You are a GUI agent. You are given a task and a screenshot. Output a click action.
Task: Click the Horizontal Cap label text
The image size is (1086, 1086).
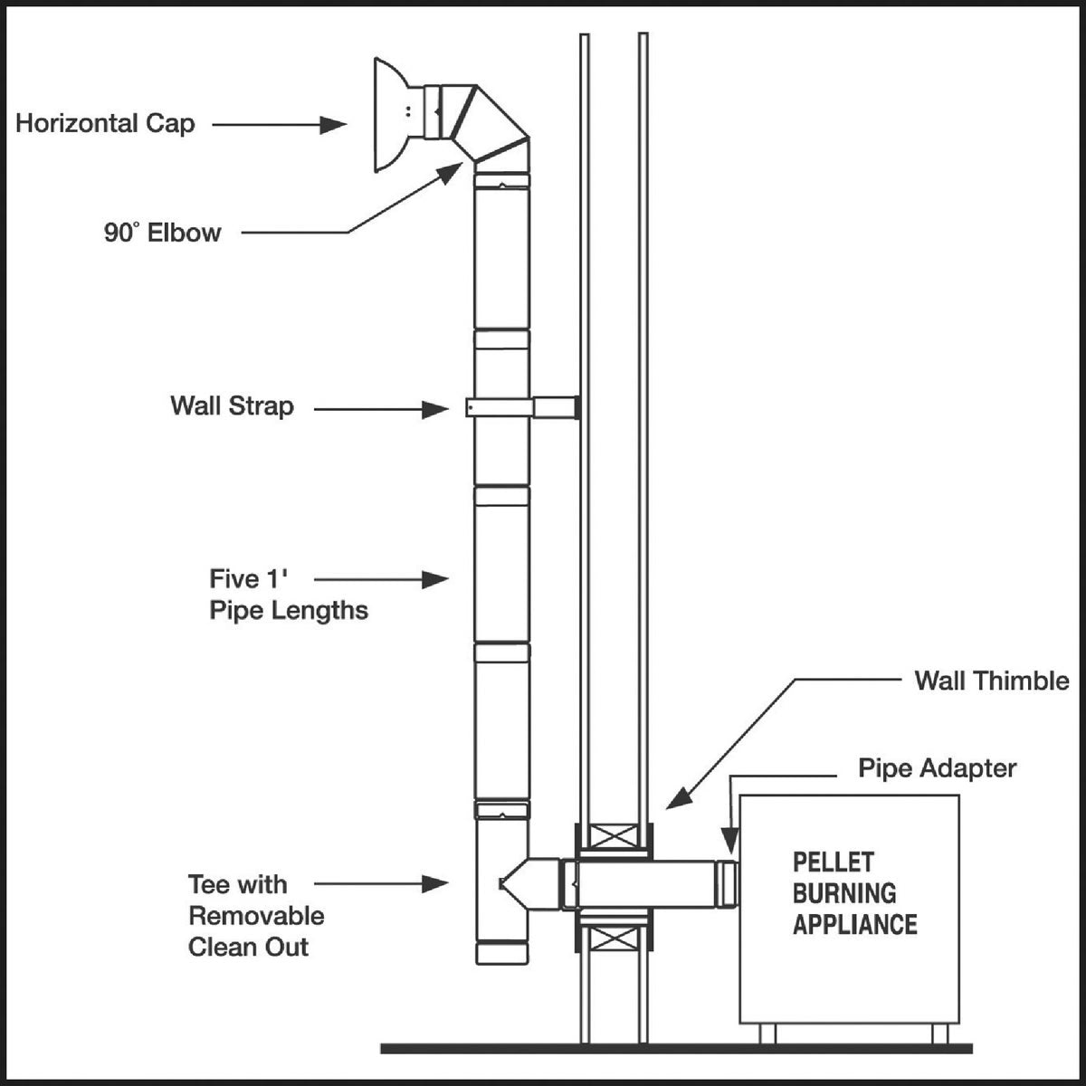coord(105,123)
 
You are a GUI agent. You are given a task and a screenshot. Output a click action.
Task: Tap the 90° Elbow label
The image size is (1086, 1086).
coord(162,233)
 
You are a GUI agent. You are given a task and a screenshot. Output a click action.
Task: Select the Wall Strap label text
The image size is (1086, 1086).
coord(232,405)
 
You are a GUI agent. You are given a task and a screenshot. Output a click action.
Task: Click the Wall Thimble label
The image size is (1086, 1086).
coord(991,681)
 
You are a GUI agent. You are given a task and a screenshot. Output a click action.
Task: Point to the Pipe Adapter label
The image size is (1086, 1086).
coord(937,768)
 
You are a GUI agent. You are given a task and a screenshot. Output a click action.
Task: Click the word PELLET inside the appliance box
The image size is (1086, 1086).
coord(834,862)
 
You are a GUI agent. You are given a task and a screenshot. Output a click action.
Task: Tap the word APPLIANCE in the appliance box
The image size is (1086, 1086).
coord(854,924)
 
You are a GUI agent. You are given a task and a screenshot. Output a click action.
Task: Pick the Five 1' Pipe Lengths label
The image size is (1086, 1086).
coord(288,595)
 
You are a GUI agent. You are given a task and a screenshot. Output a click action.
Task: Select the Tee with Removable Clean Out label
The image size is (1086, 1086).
coord(255,916)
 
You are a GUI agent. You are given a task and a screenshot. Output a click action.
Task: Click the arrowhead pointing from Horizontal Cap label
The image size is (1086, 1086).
coord(334,125)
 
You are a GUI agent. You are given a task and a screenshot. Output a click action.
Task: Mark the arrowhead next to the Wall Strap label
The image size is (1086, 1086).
coord(435,410)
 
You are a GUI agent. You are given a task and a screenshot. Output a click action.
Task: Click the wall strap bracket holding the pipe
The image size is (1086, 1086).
coord(521,408)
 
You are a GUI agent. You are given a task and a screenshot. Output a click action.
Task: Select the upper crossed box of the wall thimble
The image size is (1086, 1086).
coord(613,838)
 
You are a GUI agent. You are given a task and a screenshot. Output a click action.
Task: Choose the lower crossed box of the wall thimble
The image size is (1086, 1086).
coord(613,938)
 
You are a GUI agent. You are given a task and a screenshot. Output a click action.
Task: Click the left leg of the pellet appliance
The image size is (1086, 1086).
coord(767,1034)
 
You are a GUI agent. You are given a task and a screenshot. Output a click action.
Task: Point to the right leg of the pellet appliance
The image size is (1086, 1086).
coord(939,1034)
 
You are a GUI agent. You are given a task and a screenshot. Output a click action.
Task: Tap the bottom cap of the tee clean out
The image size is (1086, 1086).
coord(502,953)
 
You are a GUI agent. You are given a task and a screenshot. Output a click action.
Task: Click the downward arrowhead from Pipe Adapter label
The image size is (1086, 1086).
coord(728,843)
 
